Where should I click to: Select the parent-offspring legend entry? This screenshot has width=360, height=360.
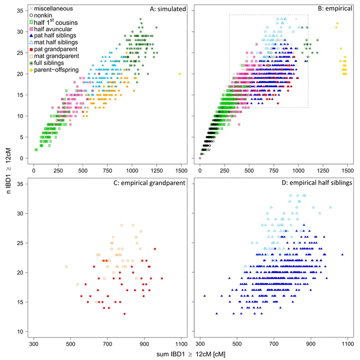54,70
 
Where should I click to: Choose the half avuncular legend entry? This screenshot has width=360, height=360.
51,29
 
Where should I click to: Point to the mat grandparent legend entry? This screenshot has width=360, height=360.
54,56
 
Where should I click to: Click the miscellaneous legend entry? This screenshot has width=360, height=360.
51,8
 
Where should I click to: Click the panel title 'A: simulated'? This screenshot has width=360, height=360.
168,9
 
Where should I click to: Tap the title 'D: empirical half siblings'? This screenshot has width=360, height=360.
317,183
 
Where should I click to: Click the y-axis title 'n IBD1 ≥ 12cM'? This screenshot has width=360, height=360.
8,171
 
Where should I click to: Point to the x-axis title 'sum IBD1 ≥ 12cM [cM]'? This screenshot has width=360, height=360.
191,354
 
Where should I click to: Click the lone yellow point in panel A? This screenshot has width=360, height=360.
179,74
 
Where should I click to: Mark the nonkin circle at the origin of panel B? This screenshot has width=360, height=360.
200,158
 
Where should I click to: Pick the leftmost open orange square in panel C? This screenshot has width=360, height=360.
66,266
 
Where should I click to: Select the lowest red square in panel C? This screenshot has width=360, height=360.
124,313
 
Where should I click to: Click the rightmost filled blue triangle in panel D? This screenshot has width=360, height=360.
343,255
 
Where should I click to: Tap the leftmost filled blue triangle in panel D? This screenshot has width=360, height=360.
204,296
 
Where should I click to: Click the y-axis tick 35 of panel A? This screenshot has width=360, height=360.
20,11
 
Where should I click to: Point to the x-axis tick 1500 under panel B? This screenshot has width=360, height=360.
347,170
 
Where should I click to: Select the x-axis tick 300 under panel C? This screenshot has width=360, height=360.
34,344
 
